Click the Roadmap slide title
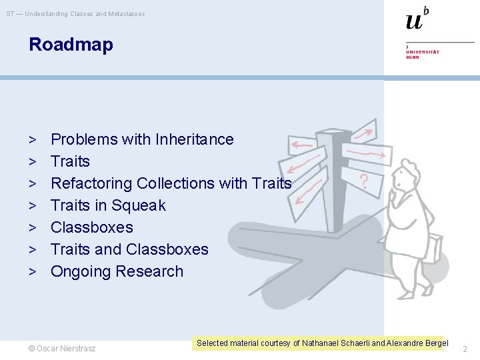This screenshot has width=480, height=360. (x=71, y=45)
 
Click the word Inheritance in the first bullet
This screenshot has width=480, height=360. (x=195, y=139)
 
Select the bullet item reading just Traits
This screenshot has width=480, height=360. (x=70, y=161)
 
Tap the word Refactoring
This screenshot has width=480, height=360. (x=91, y=184)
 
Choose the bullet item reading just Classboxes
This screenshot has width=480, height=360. (x=92, y=227)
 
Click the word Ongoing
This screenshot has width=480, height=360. (x=81, y=272)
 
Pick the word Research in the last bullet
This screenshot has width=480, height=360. (x=149, y=271)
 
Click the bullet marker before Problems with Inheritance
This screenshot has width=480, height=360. (x=33, y=140)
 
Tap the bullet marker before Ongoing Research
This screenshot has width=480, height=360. (x=33, y=272)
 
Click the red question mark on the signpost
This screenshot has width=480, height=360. (x=364, y=181)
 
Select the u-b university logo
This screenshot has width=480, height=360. (x=417, y=19)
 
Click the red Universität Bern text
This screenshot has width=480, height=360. (x=423, y=55)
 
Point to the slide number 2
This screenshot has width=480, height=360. (x=465, y=349)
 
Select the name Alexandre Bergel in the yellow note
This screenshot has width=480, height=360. (x=417, y=343)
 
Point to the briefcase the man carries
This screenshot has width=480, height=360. (x=434, y=248)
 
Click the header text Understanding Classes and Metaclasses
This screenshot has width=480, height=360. (x=85, y=14)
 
